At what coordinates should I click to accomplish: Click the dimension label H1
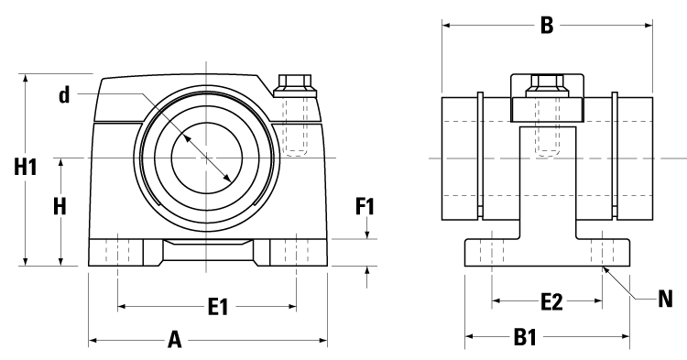point(25,168)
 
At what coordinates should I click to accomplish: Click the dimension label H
point(60,207)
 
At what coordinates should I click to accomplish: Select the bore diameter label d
point(65,95)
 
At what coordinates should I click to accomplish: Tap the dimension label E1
point(217,308)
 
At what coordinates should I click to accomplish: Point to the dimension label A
point(174,341)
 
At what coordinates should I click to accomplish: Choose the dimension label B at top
point(546,26)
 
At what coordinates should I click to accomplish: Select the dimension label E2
point(547,300)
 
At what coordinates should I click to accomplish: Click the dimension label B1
point(523,338)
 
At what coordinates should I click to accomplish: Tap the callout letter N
point(666,298)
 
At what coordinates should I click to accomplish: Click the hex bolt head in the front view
point(295,84)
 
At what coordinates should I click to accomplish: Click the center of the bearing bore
point(206,158)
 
